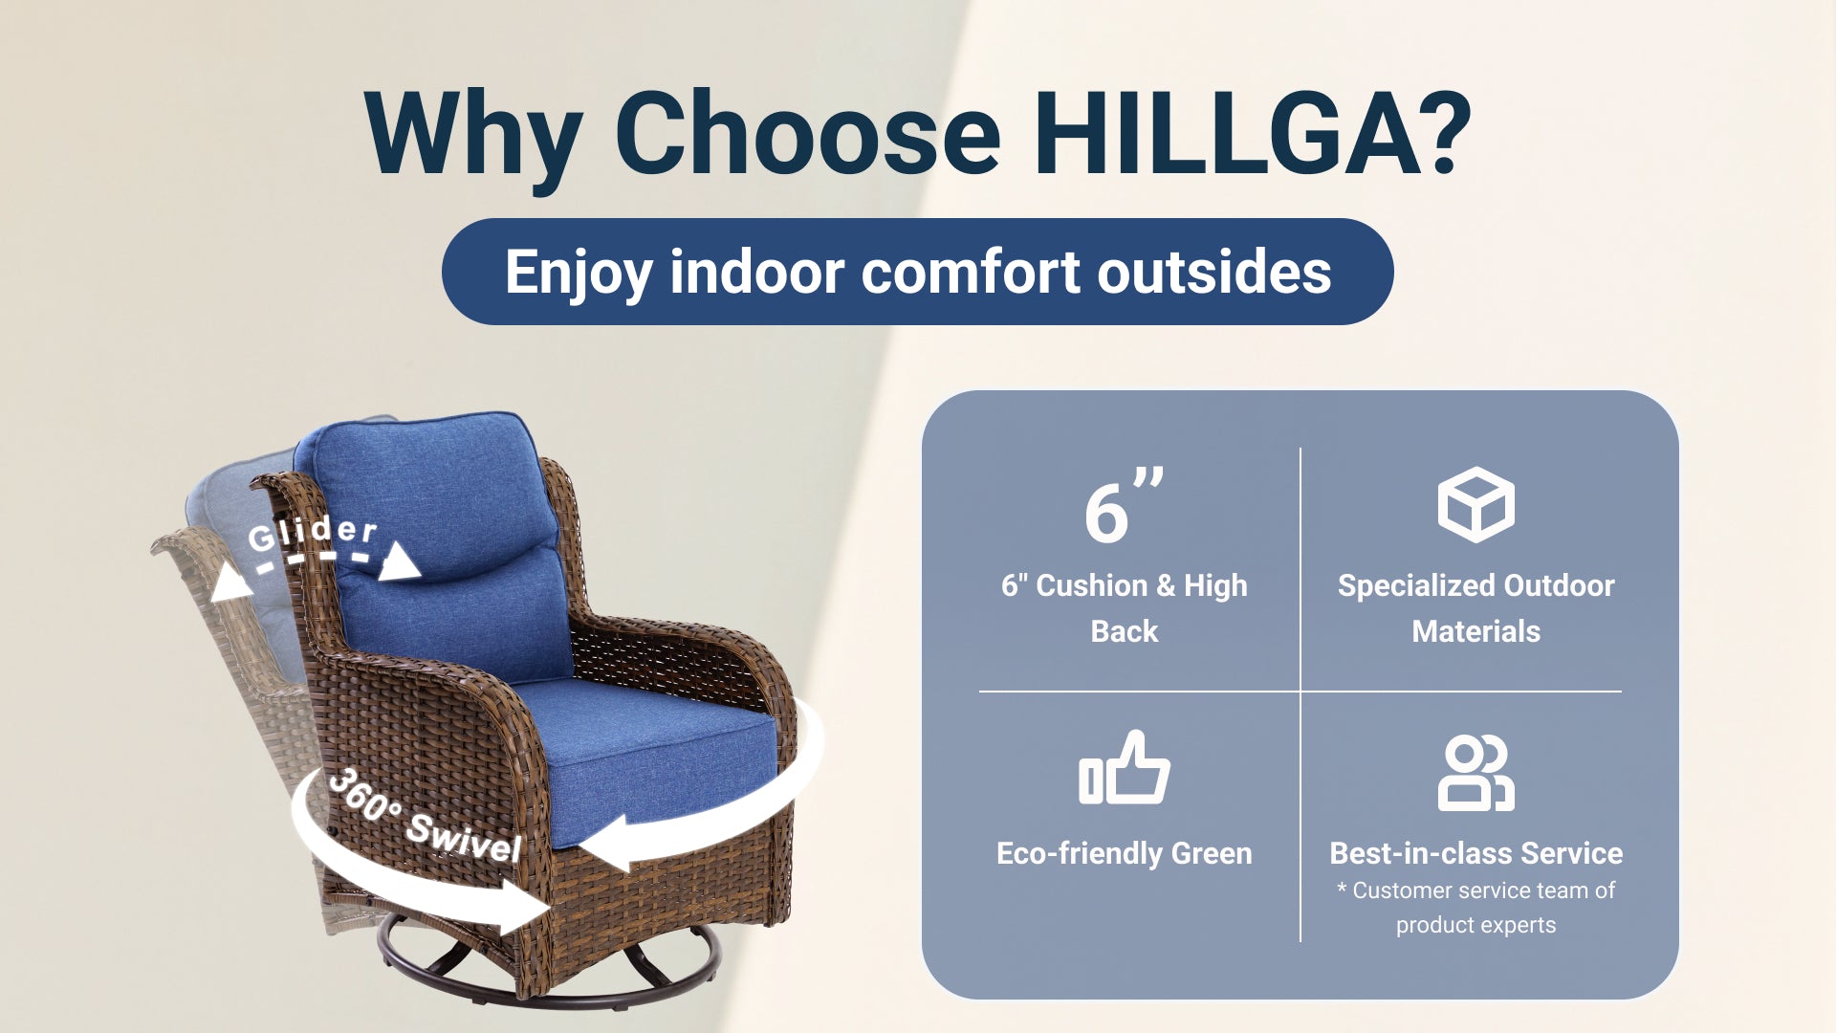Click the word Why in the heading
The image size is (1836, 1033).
click(x=474, y=139)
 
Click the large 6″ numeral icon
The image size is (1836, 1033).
click(x=1124, y=506)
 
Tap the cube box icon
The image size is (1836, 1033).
click(x=1475, y=505)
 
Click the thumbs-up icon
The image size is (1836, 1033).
click(x=1125, y=768)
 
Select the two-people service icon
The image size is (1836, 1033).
click(x=1475, y=773)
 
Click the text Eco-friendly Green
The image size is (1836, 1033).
click(x=1125, y=852)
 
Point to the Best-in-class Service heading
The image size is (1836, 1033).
click(x=1475, y=852)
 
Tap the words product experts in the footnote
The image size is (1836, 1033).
click(x=1475, y=925)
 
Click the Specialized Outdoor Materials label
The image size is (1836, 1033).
click(x=1475, y=607)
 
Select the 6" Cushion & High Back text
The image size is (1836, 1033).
click(x=1125, y=607)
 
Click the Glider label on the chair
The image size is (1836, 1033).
click(x=313, y=533)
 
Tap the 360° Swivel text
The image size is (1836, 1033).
click(x=425, y=818)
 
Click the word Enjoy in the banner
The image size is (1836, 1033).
click(x=579, y=274)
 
